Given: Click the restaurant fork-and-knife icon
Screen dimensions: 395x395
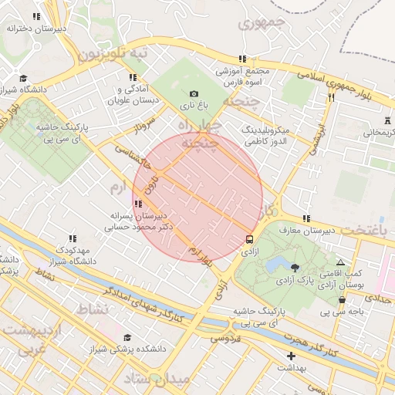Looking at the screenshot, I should coord(332,97).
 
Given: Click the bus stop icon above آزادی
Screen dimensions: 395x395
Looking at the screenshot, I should coord(249,239).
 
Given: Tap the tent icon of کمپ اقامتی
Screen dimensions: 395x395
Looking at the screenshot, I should coord(340,264).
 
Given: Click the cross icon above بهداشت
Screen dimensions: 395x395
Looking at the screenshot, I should coord(291,356).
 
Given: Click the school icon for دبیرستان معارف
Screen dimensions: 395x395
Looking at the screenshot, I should coord(307,219).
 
